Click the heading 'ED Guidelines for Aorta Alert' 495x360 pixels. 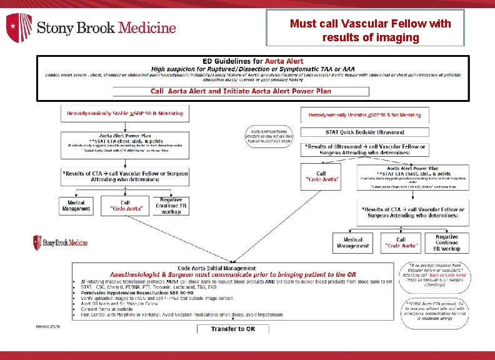252,61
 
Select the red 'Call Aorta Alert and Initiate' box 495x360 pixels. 241,91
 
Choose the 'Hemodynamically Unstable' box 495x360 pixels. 364,115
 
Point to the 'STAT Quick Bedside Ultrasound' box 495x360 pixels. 364,132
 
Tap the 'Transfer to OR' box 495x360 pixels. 232,329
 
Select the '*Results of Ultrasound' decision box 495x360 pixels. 366,150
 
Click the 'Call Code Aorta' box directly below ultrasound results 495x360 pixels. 321,177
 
